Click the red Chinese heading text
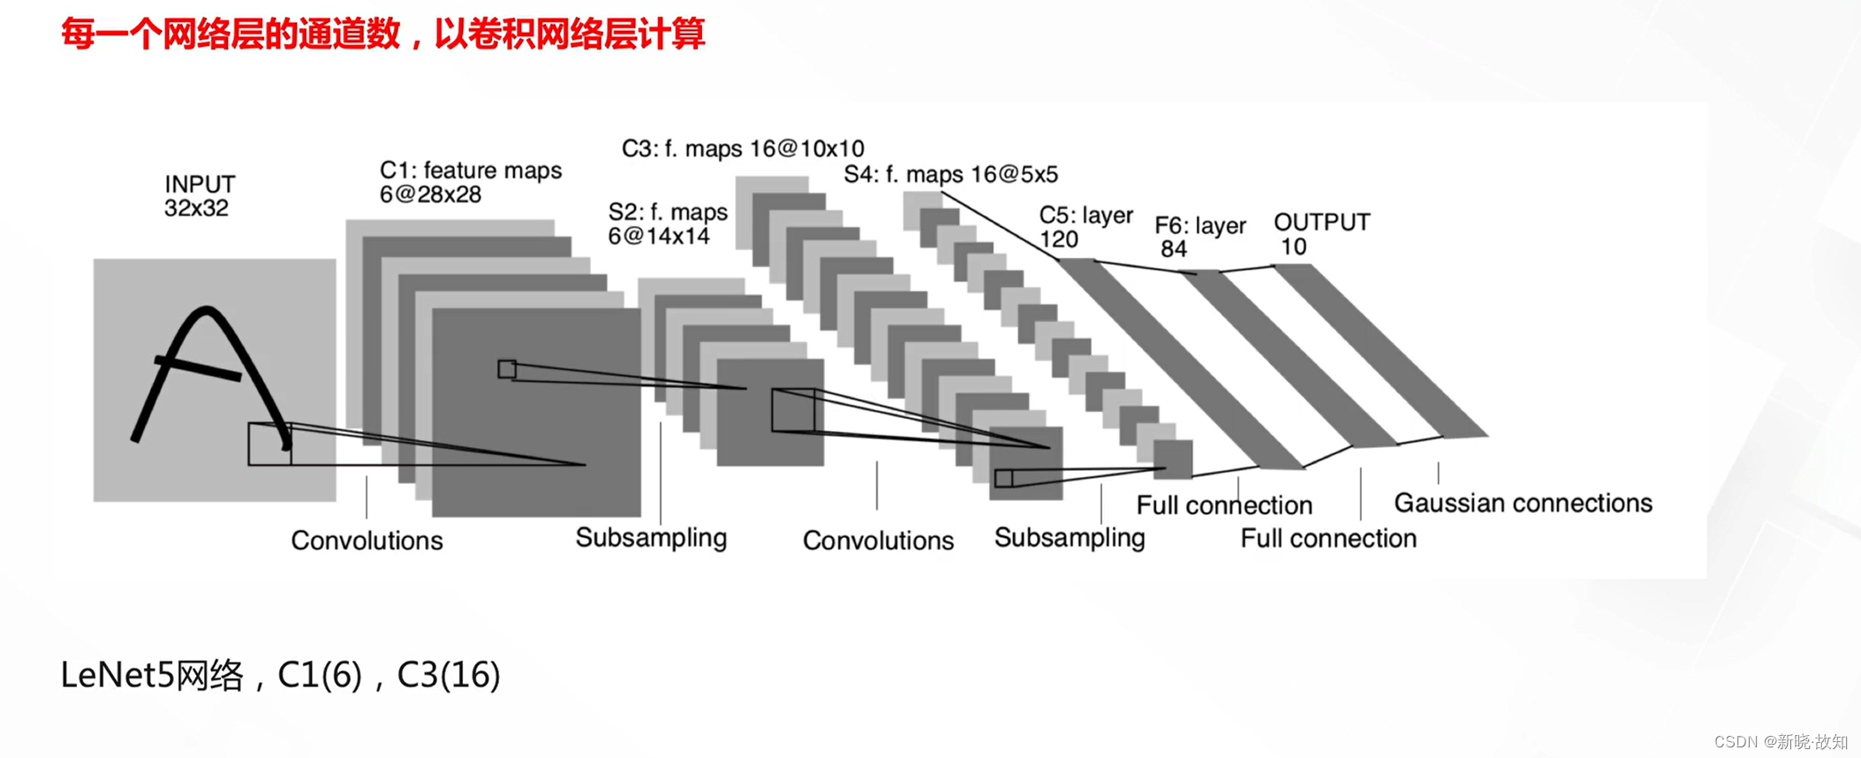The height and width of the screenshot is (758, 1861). [382, 34]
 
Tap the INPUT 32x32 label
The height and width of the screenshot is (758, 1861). [200, 196]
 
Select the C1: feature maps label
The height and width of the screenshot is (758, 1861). [470, 182]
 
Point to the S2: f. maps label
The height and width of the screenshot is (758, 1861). [667, 224]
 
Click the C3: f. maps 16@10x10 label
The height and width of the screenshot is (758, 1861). [742, 148]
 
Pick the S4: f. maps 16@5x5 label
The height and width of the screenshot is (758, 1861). [950, 174]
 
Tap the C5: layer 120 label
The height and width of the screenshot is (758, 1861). [1085, 227]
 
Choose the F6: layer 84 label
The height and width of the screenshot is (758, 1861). [1199, 237]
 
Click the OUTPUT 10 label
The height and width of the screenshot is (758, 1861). [1321, 234]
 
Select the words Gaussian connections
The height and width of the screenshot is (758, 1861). [1523, 503]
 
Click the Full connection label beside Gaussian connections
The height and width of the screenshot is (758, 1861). [1328, 538]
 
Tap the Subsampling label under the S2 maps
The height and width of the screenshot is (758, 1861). [651, 537]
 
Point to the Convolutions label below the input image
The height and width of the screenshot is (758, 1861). [367, 540]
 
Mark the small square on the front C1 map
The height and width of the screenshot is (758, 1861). [507, 368]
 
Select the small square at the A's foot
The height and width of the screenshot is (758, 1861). [269, 443]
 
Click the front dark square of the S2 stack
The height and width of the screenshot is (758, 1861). [769, 413]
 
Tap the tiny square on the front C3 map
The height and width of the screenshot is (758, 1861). [1003, 479]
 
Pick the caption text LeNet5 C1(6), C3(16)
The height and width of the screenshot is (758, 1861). [280, 675]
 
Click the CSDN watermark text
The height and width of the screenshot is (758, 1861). [1780, 741]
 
